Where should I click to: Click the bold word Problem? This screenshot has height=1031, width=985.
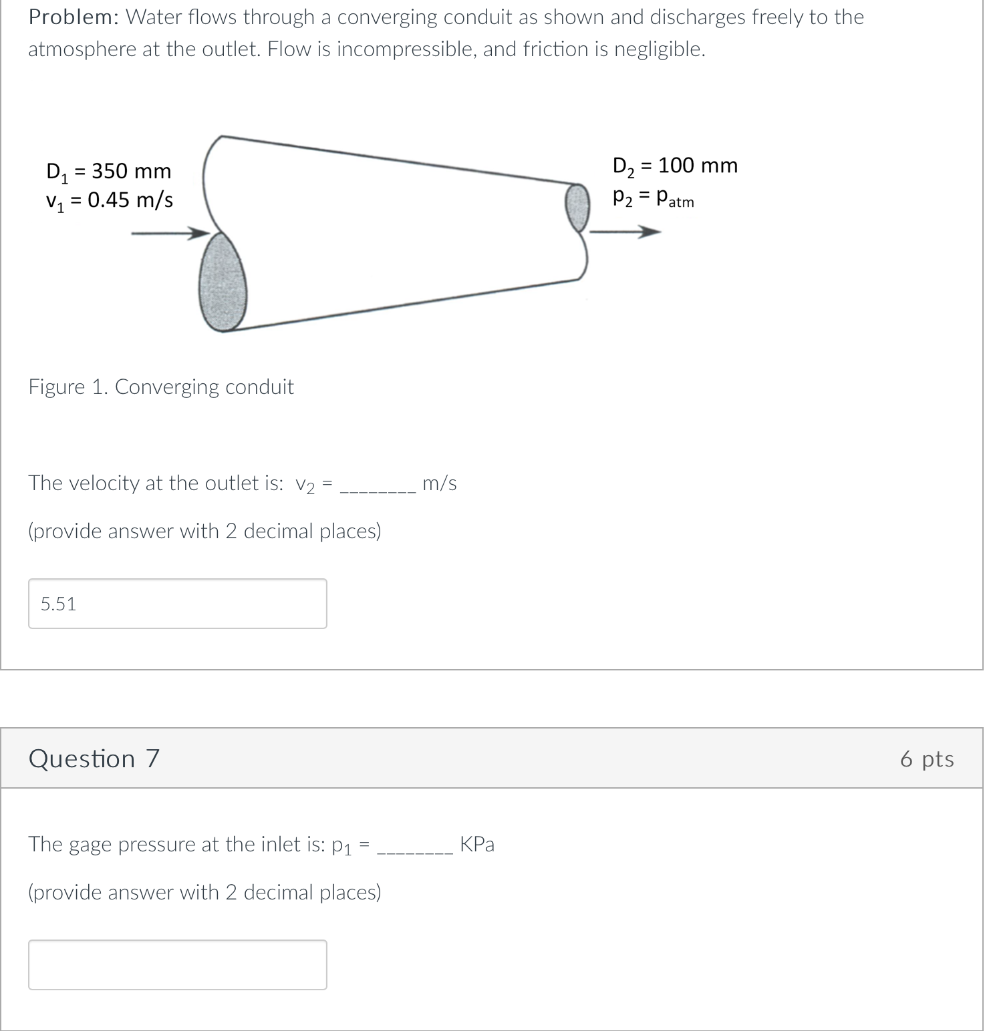tap(73, 17)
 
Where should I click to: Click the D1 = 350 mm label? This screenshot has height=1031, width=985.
tap(109, 172)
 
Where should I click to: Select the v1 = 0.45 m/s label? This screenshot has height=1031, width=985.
tap(109, 200)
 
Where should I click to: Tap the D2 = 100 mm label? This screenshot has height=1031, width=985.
tap(675, 166)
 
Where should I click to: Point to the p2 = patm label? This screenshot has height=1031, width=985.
tap(654, 198)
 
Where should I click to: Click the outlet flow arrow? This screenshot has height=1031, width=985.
tap(625, 232)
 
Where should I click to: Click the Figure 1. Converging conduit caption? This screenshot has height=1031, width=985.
tap(161, 387)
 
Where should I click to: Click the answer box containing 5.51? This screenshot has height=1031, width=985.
tap(177, 604)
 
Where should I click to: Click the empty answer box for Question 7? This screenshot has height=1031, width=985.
tap(177, 965)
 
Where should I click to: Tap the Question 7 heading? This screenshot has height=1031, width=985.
tap(94, 759)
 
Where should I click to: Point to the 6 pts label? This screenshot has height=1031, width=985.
tap(926, 759)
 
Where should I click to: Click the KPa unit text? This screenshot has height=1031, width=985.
tap(477, 845)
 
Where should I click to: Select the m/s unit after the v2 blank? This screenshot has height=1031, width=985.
tap(440, 483)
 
